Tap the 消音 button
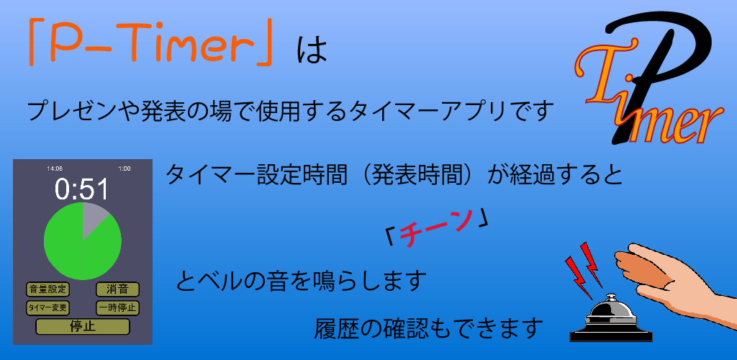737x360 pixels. click(x=117, y=289)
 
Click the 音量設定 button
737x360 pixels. click(x=48, y=289)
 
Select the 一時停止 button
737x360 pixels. click(x=117, y=308)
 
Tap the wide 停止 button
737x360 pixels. click(x=83, y=326)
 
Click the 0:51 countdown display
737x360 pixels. click(x=82, y=190)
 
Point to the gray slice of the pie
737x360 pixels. click(x=92, y=218)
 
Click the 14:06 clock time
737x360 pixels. click(x=55, y=168)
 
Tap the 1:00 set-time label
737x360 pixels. click(x=125, y=168)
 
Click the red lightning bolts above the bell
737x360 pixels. click(x=584, y=264)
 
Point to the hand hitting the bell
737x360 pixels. click(x=669, y=277)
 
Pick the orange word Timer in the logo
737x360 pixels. click(x=648, y=115)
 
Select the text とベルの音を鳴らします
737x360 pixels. click(x=301, y=281)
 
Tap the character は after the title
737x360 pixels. click(x=312, y=50)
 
